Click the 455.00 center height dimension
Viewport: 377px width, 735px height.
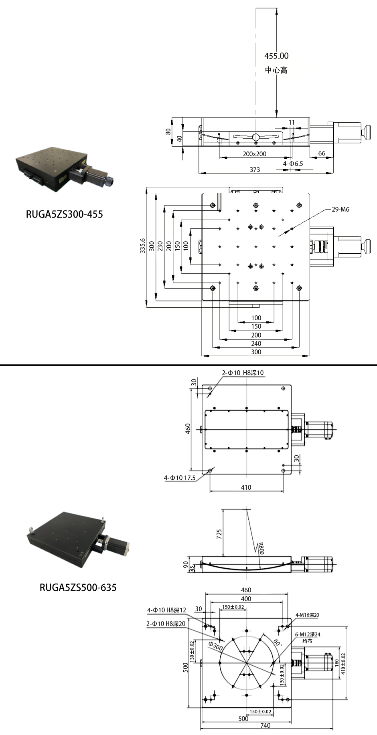(x=276, y=56)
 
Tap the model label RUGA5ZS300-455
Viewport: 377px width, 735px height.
(x=64, y=214)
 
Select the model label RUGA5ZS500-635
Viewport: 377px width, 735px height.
(x=78, y=588)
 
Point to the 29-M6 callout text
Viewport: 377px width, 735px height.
(x=340, y=209)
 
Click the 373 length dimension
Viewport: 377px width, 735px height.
(x=255, y=170)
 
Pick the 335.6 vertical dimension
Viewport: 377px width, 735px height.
(x=142, y=246)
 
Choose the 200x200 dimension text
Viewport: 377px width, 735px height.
(x=255, y=154)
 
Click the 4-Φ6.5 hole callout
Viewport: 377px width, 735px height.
(x=293, y=164)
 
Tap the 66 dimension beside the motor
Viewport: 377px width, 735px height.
(x=322, y=153)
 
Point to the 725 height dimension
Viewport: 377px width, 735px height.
(x=219, y=534)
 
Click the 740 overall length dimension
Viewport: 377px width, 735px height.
(x=265, y=725)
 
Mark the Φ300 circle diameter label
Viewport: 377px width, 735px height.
(x=215, y=646)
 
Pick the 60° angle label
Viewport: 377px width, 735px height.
(x=277, y=642)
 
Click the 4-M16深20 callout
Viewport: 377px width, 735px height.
(x=307, y=615)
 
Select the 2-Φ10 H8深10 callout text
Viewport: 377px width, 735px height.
(x=243, y=373)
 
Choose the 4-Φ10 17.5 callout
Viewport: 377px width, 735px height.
(x=179, y=478)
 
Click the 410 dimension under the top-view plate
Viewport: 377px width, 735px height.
(x=246, y=487)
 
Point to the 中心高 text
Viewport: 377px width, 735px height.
(x=276, y=70)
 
